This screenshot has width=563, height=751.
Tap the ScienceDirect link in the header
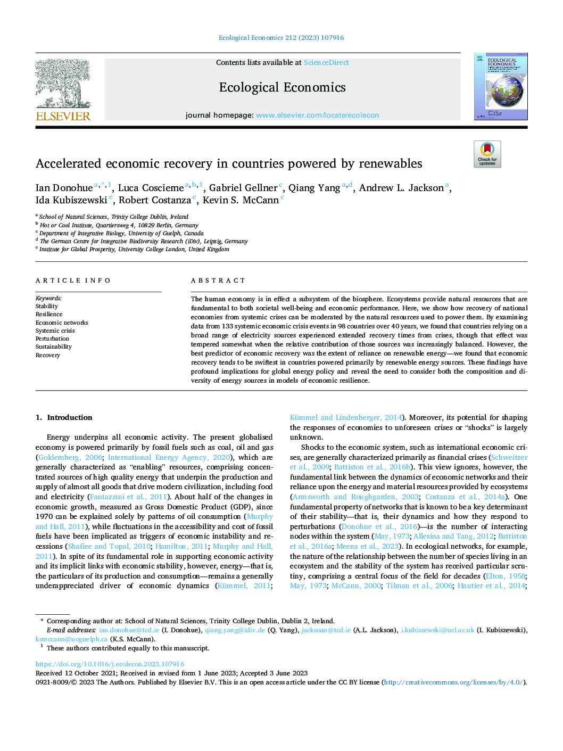point(326,63)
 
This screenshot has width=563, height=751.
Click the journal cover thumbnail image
point(501,86)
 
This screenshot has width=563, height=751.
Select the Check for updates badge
point(487,154)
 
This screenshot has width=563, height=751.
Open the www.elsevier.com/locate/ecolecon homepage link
point(317,115)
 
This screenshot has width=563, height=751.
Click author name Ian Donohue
point(64,188)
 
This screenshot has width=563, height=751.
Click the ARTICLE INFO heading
point(73,280)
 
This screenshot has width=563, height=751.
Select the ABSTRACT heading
point(218,280)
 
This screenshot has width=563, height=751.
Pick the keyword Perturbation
point(52,339)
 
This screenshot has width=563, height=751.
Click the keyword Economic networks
point(62,323)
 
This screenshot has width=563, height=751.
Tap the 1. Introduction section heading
point(64,417)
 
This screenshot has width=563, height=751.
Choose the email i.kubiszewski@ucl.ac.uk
point(437,630)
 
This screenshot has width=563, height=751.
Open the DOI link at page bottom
point(110,664)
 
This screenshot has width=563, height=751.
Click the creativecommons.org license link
point(453,682)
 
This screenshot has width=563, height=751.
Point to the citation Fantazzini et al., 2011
point(128,497)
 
